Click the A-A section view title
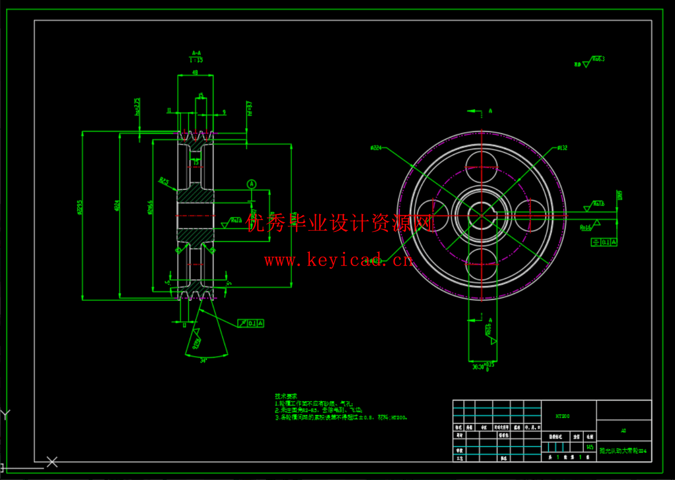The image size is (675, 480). pos(196,53)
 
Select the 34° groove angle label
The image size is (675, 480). pos(203,361)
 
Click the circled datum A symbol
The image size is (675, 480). pos(252,184)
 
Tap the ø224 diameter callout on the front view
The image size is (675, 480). pos(376,148)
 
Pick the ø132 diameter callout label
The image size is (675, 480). pos(562,148)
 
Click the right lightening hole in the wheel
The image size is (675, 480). pos(530,215)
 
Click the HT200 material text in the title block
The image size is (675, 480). pos(562,416)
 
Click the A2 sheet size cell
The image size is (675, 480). pos(623,430)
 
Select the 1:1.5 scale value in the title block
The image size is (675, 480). pos(590,447)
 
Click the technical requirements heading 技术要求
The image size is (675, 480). pos(286,396)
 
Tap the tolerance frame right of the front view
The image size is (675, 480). pos(604,242)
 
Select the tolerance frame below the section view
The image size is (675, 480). pos(251,323)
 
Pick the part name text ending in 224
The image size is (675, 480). pos(622,451)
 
